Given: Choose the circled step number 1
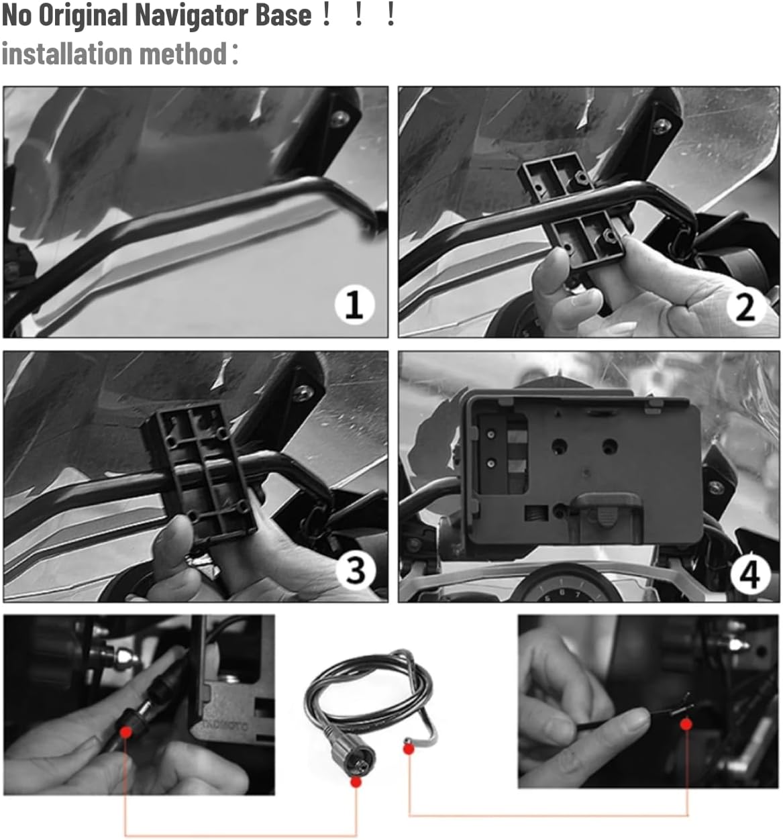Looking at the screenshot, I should click(354, 305).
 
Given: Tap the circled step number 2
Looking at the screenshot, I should click(745, 307).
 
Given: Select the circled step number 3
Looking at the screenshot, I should click(355, 570).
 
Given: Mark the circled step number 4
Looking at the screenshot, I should click(749, 574).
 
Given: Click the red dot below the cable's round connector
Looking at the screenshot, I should click(356, 782).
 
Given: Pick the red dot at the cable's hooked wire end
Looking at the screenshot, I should click(408, 749).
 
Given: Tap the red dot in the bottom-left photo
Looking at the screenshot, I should click(125, 731).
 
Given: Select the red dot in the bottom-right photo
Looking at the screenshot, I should click(686, 724).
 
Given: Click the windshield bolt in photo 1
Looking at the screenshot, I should click(343, 118).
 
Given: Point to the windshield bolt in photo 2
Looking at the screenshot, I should click(664, 125).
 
